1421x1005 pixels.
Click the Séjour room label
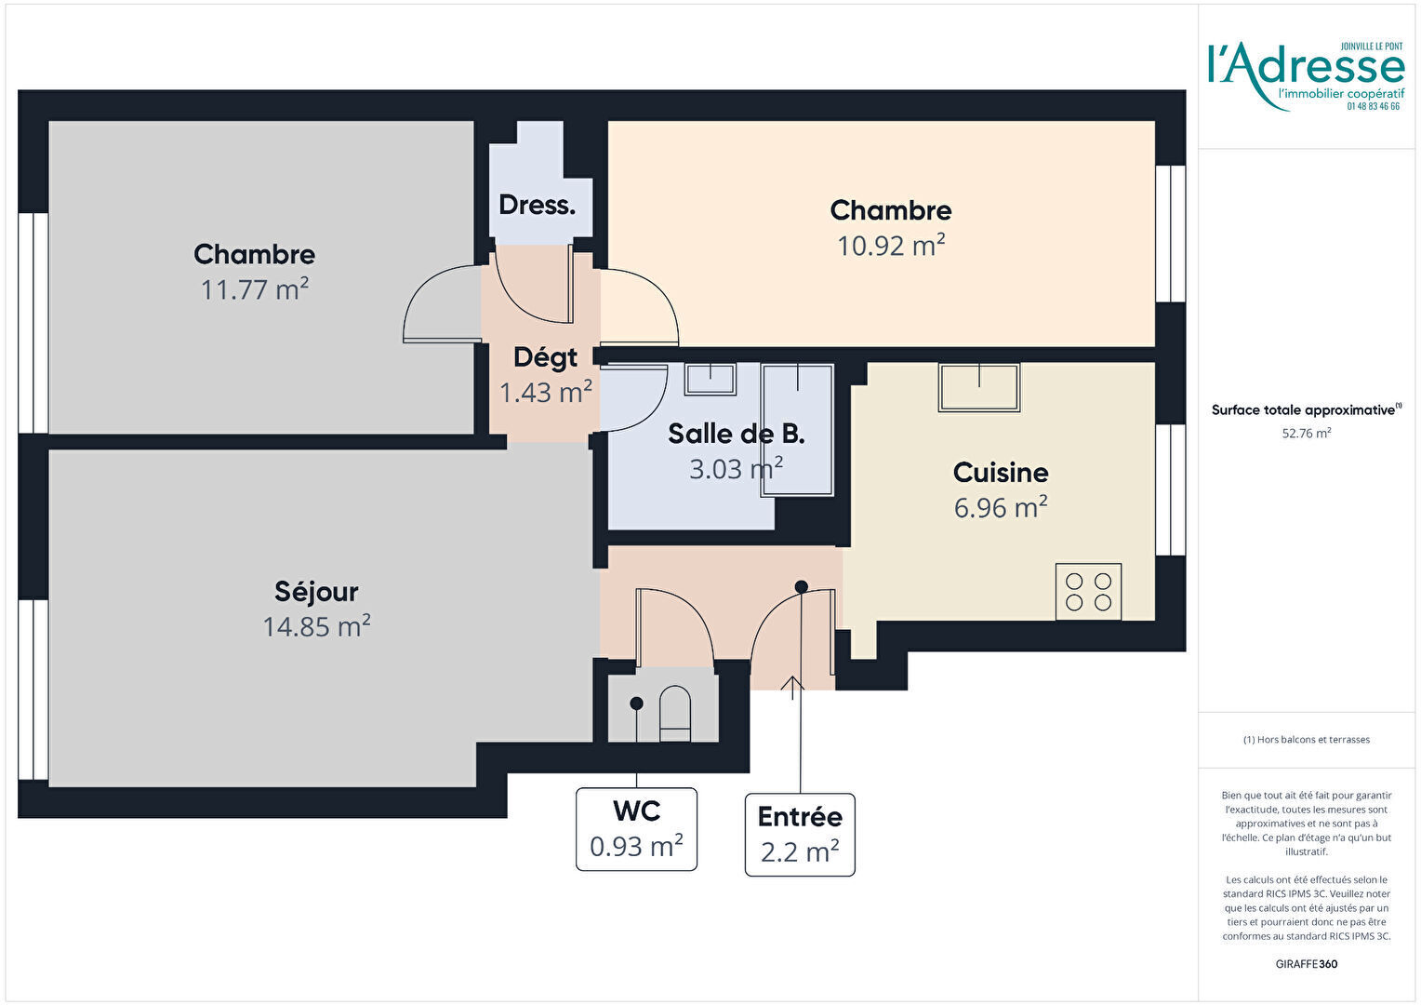pyautogui.click(x=316, y=592)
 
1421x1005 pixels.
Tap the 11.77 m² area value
pyautogui.click(x=255, y=288)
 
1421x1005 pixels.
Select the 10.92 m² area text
pyautogui.click(x=891, y=245)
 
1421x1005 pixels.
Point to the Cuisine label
pyautogui.click(x=1001, y=473)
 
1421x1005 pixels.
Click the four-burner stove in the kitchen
pyautogui.click(x=1089, y=592)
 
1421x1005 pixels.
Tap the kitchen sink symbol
pyautogui.click(x=979, y=387)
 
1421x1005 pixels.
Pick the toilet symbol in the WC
pyautogui.click(x=675, y=714)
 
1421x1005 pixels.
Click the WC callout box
pyautogui.click(x=636, y=829)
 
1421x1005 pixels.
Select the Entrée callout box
pyautogui.click(x=800, y=835)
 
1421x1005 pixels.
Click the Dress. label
pyautogui.click(x=537, y=205)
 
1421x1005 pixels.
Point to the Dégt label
pyautogui.click(x=546, y=357)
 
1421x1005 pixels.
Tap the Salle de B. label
pyautogui.click(x=736, y=434)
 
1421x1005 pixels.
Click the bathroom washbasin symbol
pyautogui.click(x=710, y=379)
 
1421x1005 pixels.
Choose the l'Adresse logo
pyautogui.click(x=1307, y=76)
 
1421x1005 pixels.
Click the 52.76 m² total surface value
pyautogui.click(x=1307, y=433)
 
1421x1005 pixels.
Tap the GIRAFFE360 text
pyautogui.click(x=1307, y=964)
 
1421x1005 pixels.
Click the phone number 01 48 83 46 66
pyautogui.click(x=1374, y=107)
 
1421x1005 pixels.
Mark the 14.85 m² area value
pyautogui.click(x=316, y=626)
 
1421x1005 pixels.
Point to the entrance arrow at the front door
pyautogui.click(x=792, y=688)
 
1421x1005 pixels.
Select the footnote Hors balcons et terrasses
pyautogui.click(x=1307, y=740)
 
